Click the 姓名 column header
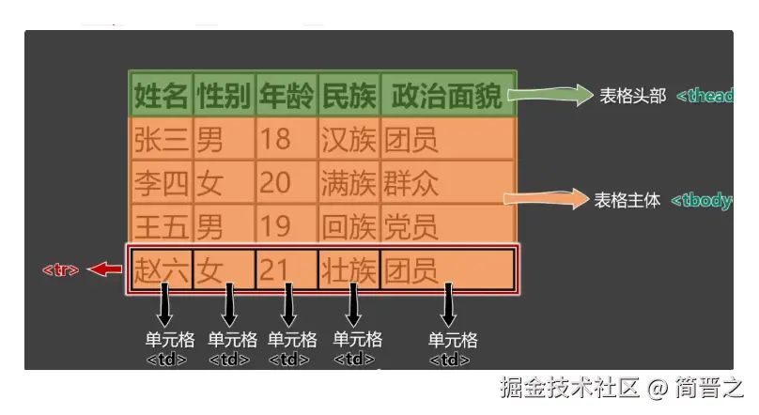(162, 95)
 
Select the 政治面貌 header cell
(447, 95)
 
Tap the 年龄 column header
(287, 95)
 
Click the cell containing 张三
(162, 140)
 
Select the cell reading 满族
(349, 182)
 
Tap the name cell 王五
(162, 225)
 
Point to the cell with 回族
(349, 225)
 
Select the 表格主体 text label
(627, 200)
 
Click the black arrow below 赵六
(163, 306)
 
